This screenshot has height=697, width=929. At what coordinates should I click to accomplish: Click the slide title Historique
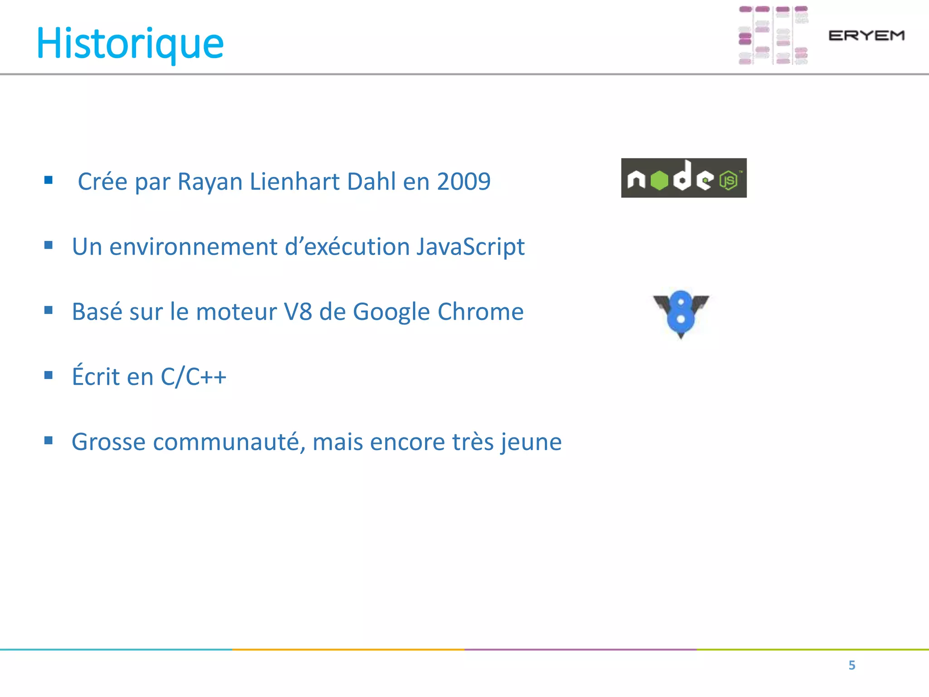130,44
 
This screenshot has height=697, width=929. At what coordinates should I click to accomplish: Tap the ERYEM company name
866,35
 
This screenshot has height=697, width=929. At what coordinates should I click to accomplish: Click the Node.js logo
684,178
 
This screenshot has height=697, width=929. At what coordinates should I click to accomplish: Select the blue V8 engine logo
680,314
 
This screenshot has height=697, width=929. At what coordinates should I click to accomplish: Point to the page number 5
852,665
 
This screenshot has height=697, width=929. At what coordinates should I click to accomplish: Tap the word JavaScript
470,247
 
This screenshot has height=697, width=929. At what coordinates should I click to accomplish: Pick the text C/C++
194,377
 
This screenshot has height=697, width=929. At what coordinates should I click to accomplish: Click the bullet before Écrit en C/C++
49,375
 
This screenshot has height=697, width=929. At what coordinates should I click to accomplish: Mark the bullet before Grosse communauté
49,440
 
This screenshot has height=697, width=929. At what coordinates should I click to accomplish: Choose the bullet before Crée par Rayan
49,180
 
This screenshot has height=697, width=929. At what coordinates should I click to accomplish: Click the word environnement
193,247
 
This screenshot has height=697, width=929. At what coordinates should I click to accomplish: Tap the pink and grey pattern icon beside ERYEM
773,35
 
